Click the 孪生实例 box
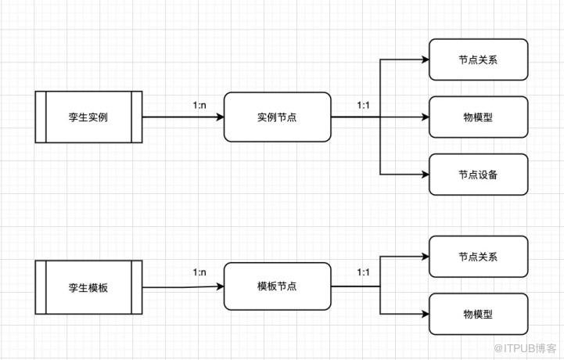88,117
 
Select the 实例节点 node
277,117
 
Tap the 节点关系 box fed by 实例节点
478,60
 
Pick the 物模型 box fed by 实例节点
478,117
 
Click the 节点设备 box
478,174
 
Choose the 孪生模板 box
88,287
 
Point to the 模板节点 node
277,286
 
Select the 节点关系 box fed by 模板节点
478,257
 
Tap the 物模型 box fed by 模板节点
478,315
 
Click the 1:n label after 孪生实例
200,104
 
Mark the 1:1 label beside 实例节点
365,104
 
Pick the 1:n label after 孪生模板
200,273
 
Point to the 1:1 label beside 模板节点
365,273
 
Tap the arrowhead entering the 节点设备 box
425,174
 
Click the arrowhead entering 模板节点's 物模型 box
425,315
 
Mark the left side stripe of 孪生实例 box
41,117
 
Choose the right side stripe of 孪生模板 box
136,287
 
